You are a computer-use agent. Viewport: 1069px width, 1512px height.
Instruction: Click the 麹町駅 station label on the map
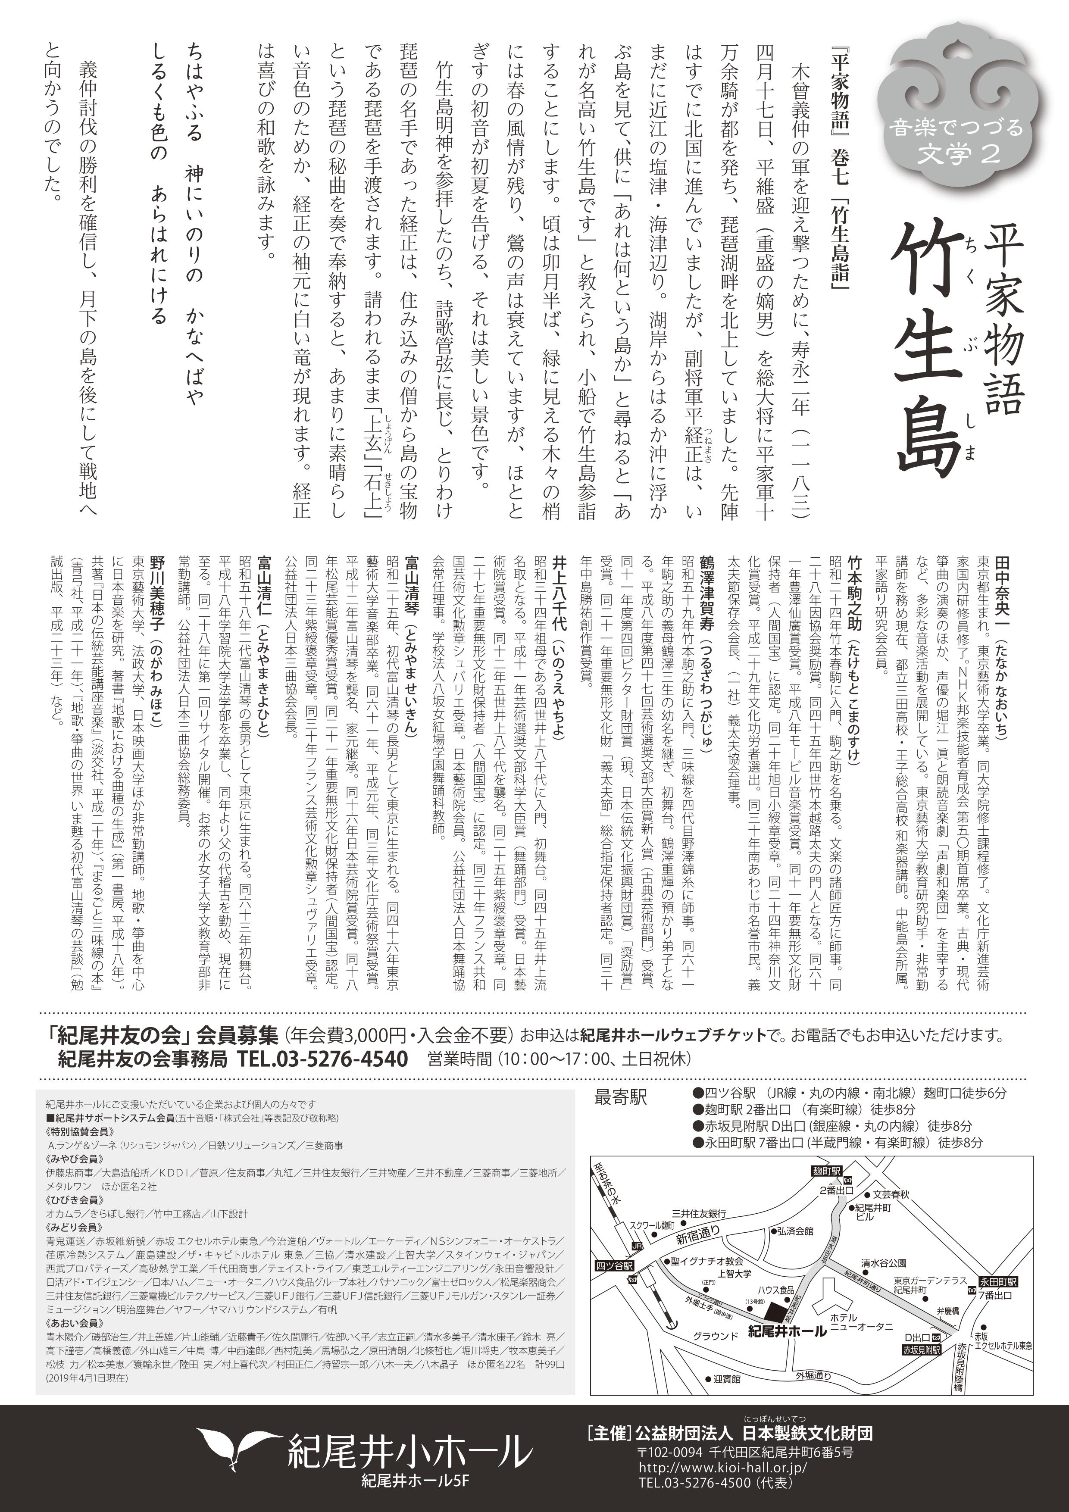827,1171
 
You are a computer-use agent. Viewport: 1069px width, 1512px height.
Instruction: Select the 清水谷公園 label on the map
884,1263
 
